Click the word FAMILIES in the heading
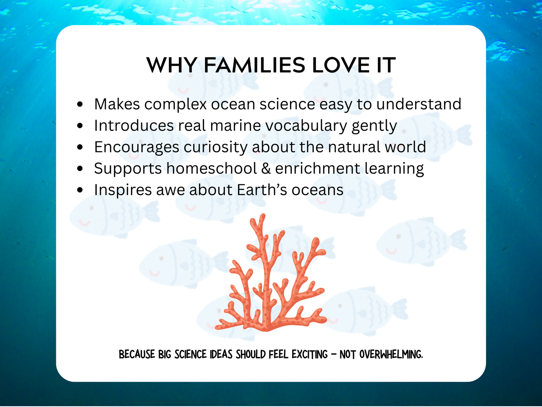(x=254, y=66)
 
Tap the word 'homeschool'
(x=212, y=169)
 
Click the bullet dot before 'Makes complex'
(x=80, y=105)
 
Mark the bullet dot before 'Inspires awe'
(x=80, y=190)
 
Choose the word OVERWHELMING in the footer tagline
(x=391, y=354)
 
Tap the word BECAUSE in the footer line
(x=137, y=354)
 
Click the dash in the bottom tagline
(x=333, y=354)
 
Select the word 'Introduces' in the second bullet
(x=134, y=126)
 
